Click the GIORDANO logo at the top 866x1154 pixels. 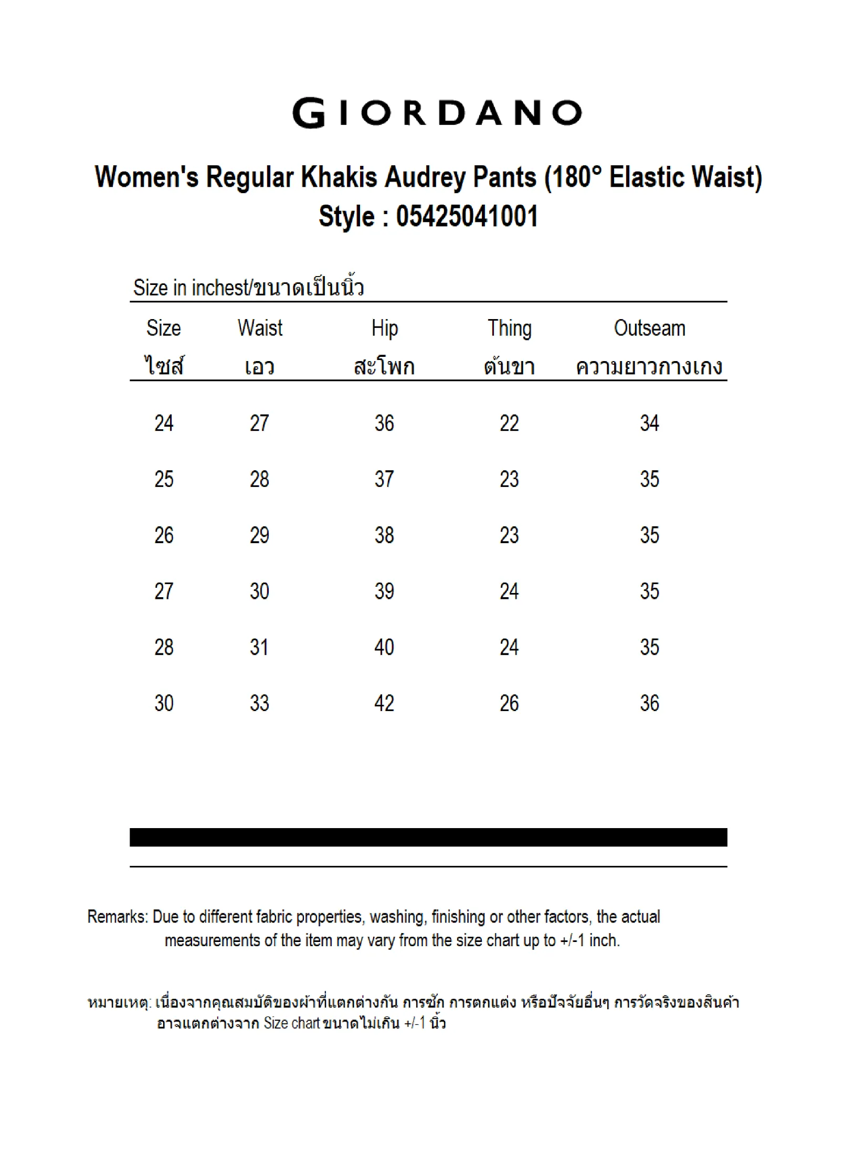[x=437, y=112]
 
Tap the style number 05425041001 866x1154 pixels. [x=467, y=216]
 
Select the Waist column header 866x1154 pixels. [x=260, y=329]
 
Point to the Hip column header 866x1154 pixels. [x=384, y=329]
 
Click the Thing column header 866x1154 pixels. [x=509, y=329]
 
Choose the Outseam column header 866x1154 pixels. [x=649, y=329]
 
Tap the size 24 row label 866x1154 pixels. [x=164, y=423]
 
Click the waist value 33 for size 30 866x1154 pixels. [x=259, y=703]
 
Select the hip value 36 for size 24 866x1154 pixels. [x=384, y=423]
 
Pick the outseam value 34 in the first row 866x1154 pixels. [x=649, y=423]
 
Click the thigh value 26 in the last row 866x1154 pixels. [x=509, y=703]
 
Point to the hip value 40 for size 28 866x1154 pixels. [x=384, y=647]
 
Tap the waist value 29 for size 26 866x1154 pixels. [x=259, y=535]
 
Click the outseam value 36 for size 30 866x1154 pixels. [x=649, y=703]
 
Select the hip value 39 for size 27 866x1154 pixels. [x=384, y=591]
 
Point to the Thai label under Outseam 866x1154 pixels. [x=649, y=366]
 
